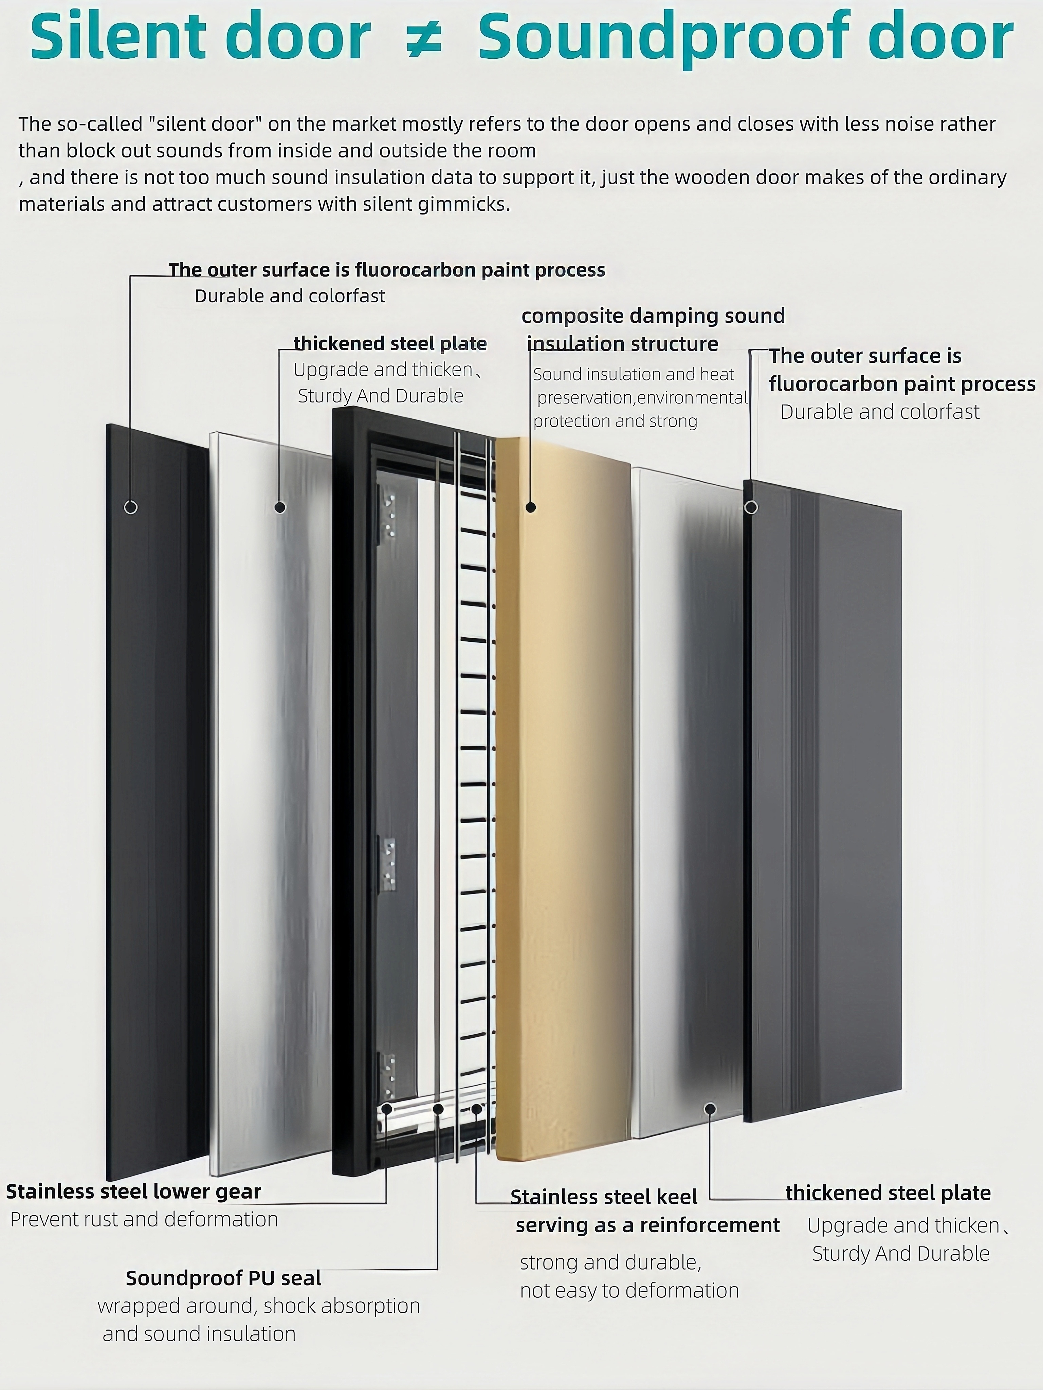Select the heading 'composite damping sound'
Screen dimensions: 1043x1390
653,316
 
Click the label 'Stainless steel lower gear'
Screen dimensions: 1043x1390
133,1191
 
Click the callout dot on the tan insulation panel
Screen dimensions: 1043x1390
531,507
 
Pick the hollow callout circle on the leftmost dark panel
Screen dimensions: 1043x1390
131,507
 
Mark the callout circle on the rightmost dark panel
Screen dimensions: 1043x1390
751,507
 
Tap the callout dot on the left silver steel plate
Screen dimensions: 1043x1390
280,507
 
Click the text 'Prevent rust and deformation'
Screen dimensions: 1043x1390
144,1219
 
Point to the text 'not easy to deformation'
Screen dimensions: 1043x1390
629,1290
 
